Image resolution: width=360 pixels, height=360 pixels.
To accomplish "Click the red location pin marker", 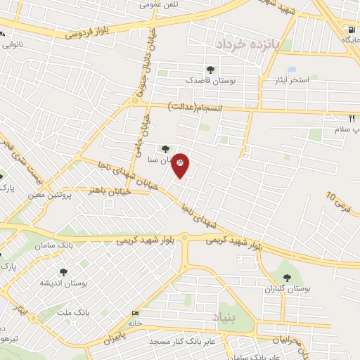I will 181,165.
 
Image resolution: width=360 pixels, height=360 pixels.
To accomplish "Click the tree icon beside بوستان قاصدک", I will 210,70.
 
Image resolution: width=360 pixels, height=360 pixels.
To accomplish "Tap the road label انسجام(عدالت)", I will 195,108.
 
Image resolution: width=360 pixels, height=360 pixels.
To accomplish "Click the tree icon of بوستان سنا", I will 165,148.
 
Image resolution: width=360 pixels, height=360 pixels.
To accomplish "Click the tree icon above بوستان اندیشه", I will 64,271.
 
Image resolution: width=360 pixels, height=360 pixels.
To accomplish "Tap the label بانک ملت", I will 72,311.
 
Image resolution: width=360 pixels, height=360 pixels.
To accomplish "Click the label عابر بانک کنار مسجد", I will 185,341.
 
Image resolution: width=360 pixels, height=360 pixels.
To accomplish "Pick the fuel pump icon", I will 351,30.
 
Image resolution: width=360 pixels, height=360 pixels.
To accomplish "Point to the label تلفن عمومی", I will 159,4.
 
